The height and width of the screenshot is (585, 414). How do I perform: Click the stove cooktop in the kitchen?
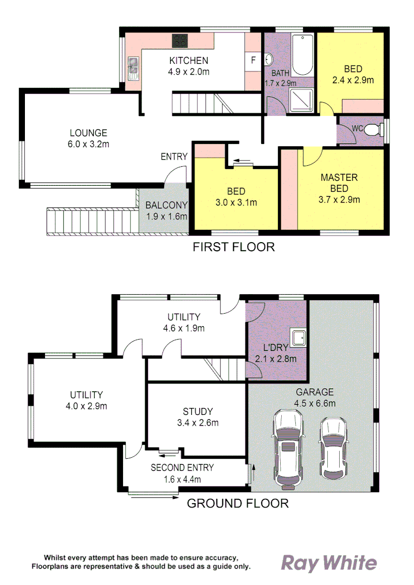[x=180, y=41]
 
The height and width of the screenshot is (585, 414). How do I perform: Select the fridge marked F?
[x=253, y=61]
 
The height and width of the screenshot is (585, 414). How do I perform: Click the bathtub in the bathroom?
[x=302, y=55]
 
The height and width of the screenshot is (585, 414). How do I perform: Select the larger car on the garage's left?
[x=288, y=448]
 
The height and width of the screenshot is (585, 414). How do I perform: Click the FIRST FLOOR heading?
[x=234, y=248]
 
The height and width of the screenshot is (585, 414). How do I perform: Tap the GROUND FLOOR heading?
[x=237, y=503]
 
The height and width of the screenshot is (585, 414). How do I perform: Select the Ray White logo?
[x=328, y=563]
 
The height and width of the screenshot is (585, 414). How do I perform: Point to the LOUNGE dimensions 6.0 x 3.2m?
[x=88, y=144]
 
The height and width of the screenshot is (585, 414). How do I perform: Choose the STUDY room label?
[x=197, y=412]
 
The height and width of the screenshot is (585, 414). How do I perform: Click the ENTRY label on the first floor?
[x=174, y=157]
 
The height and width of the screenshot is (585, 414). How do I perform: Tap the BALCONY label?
[x=166, y=205]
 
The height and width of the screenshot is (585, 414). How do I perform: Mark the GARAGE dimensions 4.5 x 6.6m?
[x=315, y=403]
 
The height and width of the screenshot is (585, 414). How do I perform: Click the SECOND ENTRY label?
[x=182, y=467]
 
